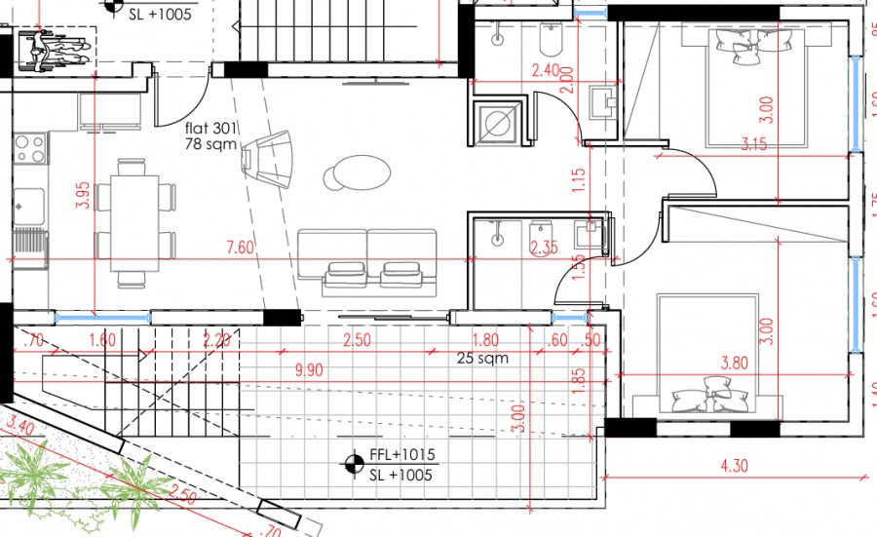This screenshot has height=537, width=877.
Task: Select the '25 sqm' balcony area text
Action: (482, 358)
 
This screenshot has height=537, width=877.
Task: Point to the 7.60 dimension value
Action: (239, 248)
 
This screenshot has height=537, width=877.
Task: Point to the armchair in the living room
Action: (269, 157)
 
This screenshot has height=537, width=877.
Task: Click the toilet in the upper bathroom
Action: (551, 41)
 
